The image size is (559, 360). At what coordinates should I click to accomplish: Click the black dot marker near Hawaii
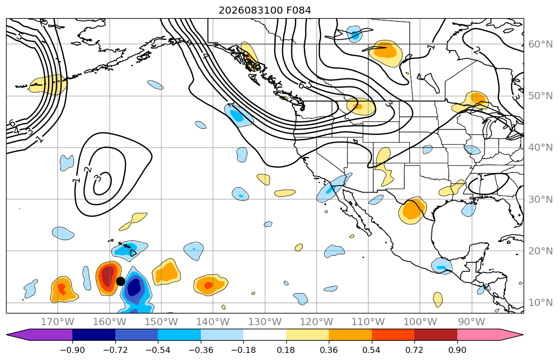(x=120, y=281)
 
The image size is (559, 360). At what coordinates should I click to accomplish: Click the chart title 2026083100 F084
(x=265, y=10)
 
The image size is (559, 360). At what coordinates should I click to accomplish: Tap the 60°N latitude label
(x=540, y=44)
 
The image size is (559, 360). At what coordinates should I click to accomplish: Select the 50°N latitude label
(x=540, y=96)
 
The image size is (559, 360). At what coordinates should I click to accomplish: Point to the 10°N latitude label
(x=540, y=303)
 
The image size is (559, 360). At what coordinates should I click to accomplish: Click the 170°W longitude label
(x=58, y=322)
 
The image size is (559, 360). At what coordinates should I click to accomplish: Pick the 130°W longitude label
(x=265, y=322)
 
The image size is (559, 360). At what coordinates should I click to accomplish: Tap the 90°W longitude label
(x=471, y=322)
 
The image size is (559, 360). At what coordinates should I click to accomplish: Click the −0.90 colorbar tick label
(x=72, y=350)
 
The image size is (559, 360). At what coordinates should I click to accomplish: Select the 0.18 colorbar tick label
(x=286, y=350)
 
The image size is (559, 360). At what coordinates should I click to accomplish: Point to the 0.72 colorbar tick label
(x=414, y=350)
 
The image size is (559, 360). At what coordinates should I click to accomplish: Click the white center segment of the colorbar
(x=265, y=335)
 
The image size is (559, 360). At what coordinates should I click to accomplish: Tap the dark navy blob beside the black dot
(x=134, y=287)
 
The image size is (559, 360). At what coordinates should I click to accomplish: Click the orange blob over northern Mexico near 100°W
(x=412, y=210)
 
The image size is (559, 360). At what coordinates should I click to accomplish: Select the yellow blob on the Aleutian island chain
(x=48, y=85)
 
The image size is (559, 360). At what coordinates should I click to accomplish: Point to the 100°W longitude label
(x=420, y=322)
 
